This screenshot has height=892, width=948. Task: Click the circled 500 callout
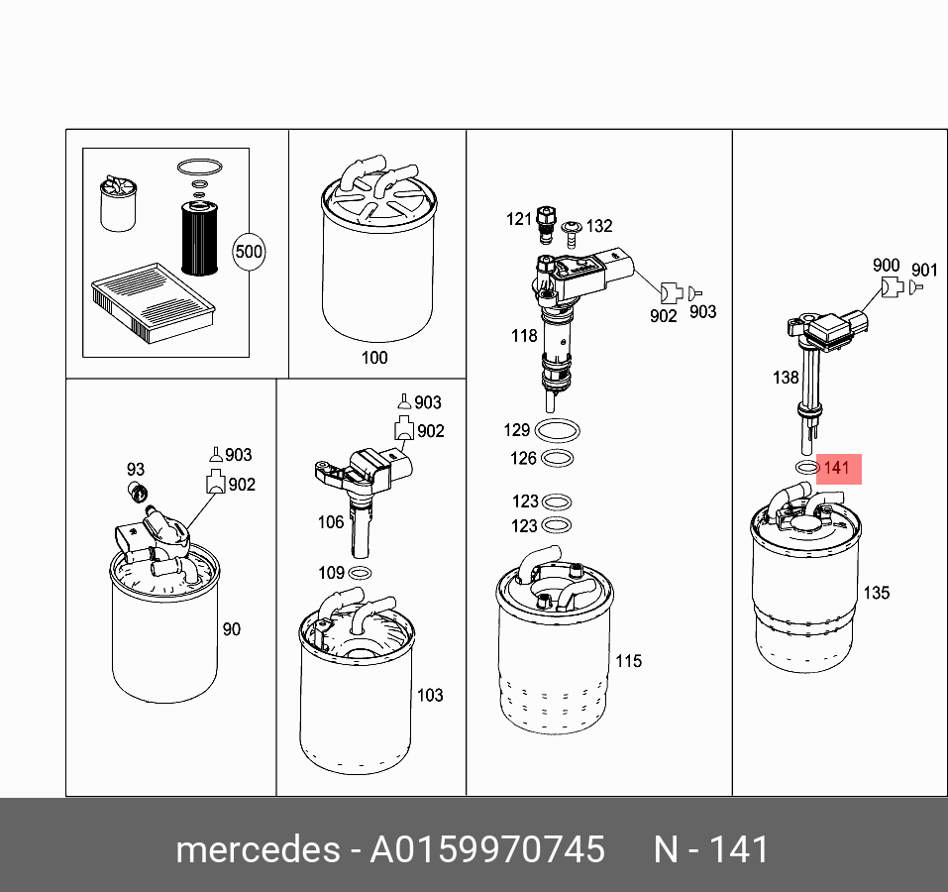(x=249, y=252)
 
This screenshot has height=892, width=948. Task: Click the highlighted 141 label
(x=838, y=469)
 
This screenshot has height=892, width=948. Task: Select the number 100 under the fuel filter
(x=374, y=358)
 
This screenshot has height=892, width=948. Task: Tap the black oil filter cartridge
(x=199, y=238)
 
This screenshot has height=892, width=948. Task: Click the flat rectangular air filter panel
(x=153, y=302)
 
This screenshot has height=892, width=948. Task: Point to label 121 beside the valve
(x=519, y=219)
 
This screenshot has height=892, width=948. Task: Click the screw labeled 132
(x=571, y=234)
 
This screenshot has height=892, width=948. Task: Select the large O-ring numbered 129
(x=558, y=431)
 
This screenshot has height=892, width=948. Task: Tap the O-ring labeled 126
(x=557, y=459)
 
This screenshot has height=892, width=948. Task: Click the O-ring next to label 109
(x=361, y=573)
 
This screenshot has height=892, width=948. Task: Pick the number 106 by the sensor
(x=331, y=522)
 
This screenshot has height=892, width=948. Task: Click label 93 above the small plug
(x=136, y=469)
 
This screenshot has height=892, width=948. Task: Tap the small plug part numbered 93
(x=139, y=493)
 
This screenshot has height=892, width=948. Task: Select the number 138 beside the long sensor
(x=786, y=378)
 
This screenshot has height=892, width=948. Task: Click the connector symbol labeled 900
(x=892, y=286)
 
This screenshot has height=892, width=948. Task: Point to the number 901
(x=924, y=271)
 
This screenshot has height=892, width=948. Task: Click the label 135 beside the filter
(x=876, y=593)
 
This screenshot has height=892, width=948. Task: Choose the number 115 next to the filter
(x=628, y=661)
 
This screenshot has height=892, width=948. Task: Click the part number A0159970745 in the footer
(x=487, y=849)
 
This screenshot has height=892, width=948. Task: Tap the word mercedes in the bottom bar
(x=259, y=849)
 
